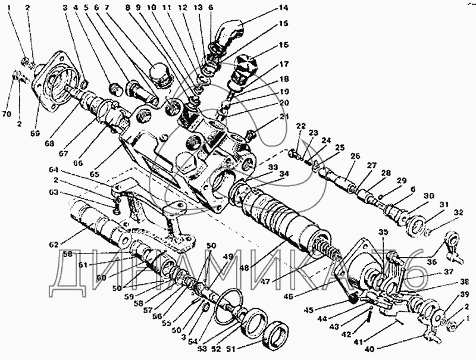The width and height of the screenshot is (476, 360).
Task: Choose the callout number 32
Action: pyautogui.click(x=458, y=212)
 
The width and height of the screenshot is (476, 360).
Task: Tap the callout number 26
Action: pyautogui.click(x=355, y=156)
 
